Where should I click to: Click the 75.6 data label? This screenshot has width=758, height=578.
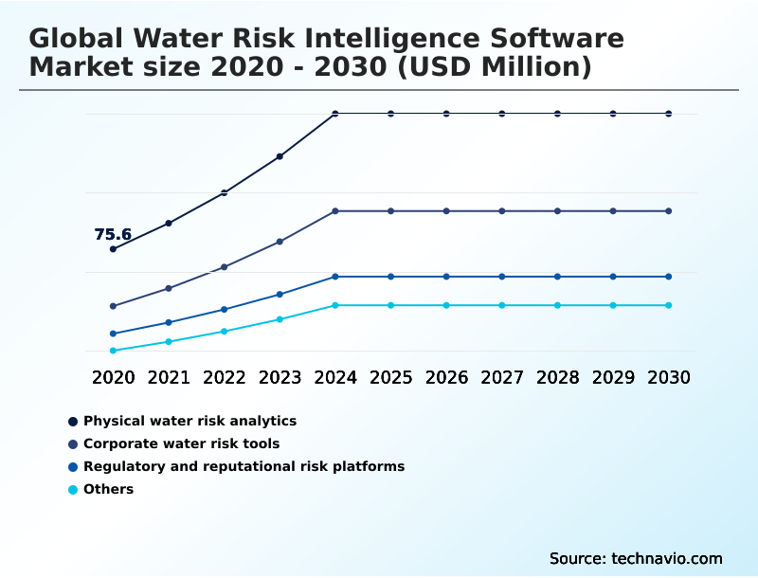113,235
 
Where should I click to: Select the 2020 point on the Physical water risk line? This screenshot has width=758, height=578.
113,249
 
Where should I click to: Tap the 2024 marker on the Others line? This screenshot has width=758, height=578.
335,305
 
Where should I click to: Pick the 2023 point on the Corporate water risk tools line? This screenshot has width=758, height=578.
280,242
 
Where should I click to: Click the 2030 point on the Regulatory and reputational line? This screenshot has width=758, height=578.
669,277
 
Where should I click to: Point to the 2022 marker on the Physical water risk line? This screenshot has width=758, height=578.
225,192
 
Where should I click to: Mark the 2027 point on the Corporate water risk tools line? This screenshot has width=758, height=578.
502,210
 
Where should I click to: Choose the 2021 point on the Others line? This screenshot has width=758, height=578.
169,341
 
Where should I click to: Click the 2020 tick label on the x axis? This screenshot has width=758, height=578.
113,377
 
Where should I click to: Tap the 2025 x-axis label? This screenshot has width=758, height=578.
391,377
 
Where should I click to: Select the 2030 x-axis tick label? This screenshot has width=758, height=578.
669,377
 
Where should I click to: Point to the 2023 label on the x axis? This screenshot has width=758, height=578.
280,377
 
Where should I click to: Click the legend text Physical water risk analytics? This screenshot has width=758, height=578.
189,421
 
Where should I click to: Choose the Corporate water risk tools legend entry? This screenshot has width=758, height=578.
181,443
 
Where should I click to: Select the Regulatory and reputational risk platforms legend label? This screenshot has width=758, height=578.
244,466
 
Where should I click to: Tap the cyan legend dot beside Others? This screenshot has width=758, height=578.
73,490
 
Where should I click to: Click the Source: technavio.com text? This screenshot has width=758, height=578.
636,558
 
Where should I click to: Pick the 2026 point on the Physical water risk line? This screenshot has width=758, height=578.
446,114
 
